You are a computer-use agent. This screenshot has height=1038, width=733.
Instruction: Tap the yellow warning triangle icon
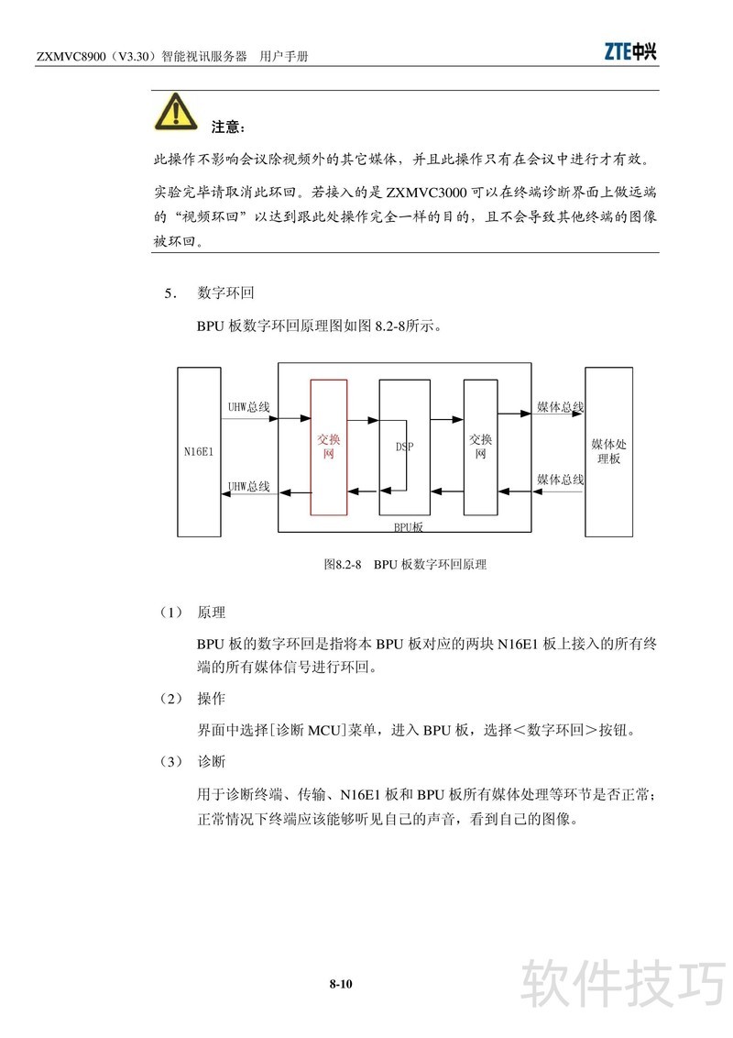click(175, 112)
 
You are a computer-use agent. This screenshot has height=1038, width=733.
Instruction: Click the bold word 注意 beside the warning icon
click(228, 127)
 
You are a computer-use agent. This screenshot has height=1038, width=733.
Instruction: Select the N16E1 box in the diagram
click(198, 452)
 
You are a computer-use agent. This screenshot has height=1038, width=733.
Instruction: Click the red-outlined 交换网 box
click(329, 447)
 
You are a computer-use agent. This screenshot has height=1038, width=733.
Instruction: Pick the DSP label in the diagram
click(404, 447)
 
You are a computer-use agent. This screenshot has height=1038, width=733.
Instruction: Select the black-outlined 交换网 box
click(482, 447)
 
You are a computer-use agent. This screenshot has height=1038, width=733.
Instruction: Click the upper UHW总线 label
click(248, 406)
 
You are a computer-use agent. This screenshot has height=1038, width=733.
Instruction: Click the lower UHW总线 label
click(248, 486)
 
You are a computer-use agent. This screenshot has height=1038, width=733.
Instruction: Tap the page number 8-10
click(341, 985)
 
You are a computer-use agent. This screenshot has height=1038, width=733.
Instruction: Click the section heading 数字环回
click(225, 293)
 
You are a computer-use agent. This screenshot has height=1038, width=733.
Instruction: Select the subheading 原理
click(211, 613)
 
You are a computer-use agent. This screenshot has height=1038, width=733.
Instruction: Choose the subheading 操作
click(211, 699)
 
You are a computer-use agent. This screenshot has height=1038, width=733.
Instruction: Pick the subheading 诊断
click(211, 762)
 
